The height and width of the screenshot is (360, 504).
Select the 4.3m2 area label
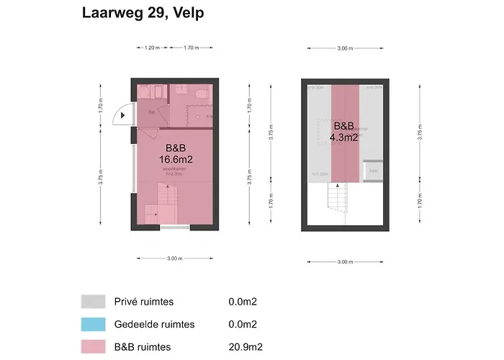point(343,137)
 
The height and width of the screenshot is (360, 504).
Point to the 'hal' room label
point(151,112)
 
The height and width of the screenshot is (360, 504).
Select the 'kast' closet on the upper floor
point(373,170)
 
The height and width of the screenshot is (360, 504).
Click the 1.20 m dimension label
point(151,48)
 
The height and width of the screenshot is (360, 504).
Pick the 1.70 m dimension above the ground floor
point(191,48)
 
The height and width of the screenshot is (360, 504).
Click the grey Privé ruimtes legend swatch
point(93,301)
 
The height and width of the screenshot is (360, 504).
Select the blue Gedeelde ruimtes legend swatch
point(93,325)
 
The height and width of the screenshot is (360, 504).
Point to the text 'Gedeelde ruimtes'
point(154,325)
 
